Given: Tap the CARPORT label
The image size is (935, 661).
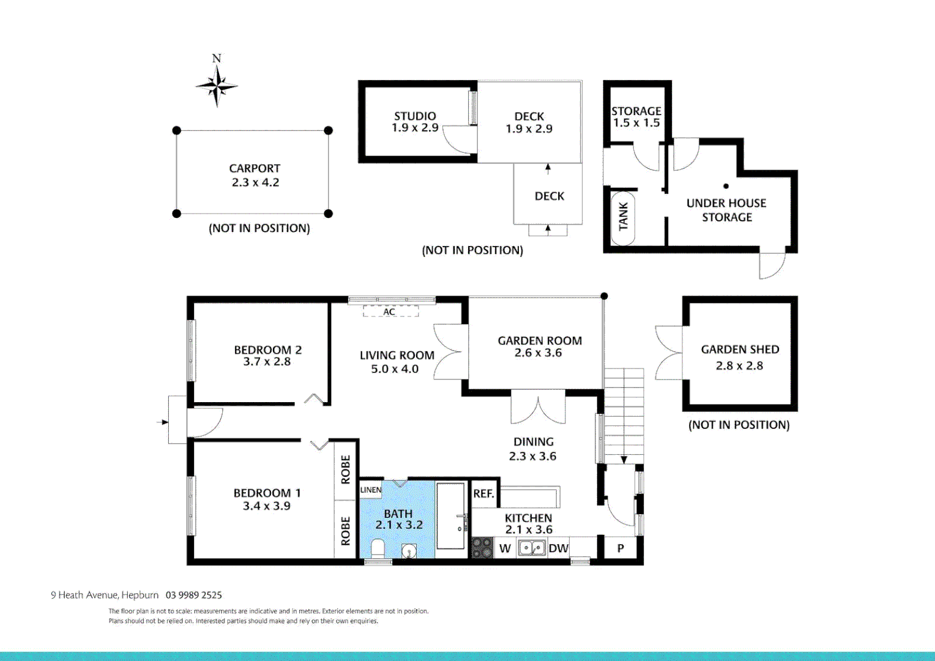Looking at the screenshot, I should pyautogui.click(x=255, y=168).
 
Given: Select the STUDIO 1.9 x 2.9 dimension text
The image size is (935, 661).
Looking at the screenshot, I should pyautogui.click(x=415, y=128).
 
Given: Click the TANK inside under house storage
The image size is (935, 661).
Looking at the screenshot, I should pyautogui.click(x=623, y=217).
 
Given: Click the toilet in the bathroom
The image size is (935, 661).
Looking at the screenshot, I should pyautogui.click(x=378, y=548).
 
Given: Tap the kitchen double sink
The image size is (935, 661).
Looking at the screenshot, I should pyautogui.click(x=532, y=548).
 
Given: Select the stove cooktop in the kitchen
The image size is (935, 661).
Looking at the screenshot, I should pyautogui.click(x=482, y=548).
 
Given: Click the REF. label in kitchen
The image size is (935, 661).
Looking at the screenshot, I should pyautogui.click(x=483, y=493).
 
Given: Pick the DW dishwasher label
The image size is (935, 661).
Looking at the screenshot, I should pyautogui.click(x=558, y=548).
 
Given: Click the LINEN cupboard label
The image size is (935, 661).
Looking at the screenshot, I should pyautogui.click(x=371, y=490).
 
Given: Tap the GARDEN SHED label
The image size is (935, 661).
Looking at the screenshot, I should pyautogui.click(x=740, y=349).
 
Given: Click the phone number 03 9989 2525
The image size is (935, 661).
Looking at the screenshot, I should pyautogui.click(x=193, y=595).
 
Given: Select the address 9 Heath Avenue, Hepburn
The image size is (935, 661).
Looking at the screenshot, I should pyautogui.click(x=105, y=595).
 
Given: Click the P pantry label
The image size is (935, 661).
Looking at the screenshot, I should pyautogui.click(x=620, y=548).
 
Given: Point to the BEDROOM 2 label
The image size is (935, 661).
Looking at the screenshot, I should pyautogui.click(x=267, y=350).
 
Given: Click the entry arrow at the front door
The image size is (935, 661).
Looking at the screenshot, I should pyautogui.click(x=162, y=422).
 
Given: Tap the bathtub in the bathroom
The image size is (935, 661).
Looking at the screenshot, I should pyautogui.click(x=450, y=515).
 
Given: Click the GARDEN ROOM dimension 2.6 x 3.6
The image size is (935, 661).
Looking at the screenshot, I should pyautogui.click(x=538, y=353).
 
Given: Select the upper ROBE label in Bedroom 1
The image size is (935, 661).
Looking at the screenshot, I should pyautogui.click(x=346, y=469).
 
